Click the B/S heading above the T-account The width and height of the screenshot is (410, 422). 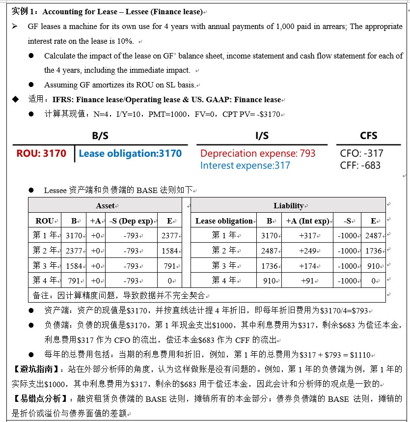click(100, 136)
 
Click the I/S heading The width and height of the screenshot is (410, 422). click(262, 136)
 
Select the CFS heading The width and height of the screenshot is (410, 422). click(368, 136)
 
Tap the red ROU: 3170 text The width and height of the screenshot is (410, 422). click(41, 153)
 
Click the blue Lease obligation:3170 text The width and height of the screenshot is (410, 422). click(133, 153)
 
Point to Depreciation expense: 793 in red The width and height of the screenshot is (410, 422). click(258, 153)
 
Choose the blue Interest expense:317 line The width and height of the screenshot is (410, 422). click(245, 166)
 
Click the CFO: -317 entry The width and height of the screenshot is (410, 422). click(361, 153)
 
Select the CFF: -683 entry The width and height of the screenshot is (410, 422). click(360, 166)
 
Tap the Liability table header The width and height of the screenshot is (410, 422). click(288, 206)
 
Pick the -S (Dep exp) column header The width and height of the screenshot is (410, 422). click(131, 221)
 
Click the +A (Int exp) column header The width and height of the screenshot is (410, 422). click(307, 221)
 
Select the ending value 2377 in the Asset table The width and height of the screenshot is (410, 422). click(169, 236)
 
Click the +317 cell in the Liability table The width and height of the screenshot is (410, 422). click(308, 236)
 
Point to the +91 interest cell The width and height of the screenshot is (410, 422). click(308, 281)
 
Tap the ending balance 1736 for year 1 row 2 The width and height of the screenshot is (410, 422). click(373, 251)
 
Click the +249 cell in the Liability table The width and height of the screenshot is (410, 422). click(308, 251)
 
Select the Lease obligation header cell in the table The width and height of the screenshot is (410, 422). click(224, 221)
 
